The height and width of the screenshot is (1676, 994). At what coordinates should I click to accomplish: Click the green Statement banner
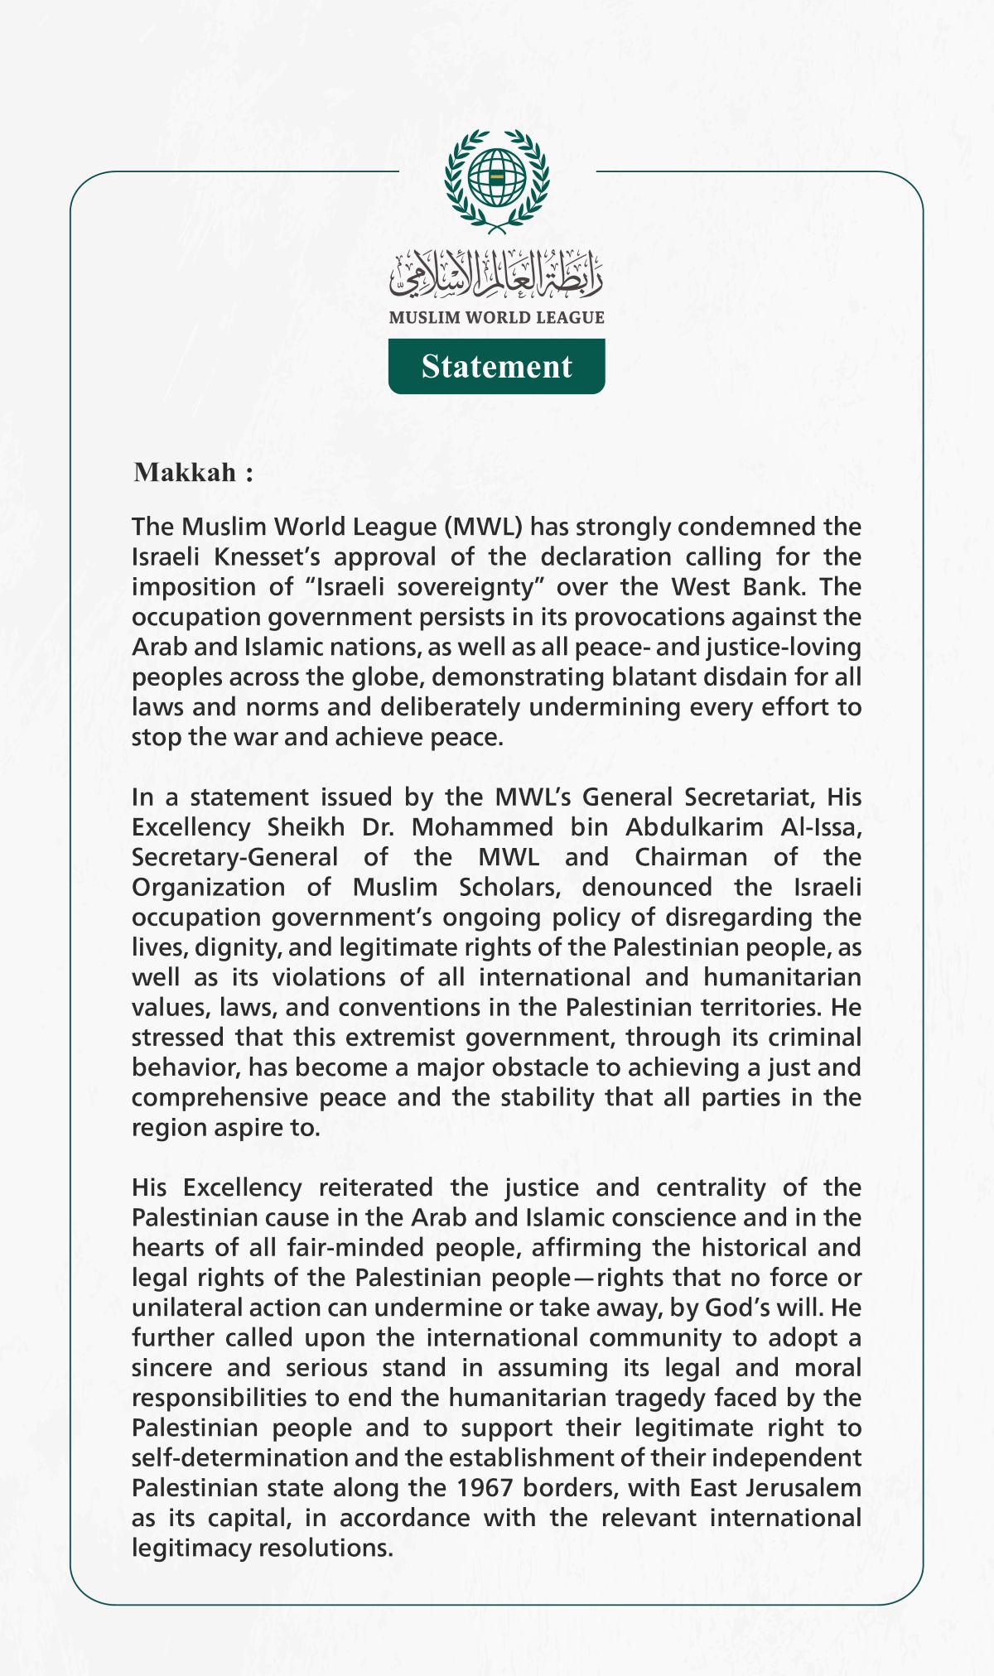496,366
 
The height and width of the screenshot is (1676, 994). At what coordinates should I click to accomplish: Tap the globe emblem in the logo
496,177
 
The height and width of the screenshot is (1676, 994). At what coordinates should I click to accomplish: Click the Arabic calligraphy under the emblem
496,275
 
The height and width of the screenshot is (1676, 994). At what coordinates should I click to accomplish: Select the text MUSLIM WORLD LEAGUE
496,317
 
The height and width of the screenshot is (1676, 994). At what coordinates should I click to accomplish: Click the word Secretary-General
234,857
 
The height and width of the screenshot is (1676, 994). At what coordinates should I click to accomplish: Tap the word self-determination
241,1457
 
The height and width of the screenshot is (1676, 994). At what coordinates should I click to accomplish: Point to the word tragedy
660,1398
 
